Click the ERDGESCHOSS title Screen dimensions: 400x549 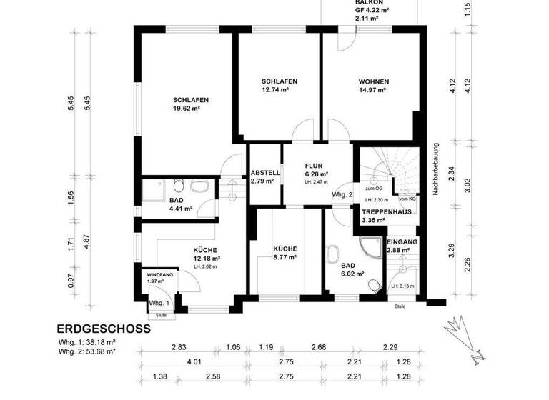coord(103,329)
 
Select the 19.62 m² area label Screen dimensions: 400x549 coord(185,110)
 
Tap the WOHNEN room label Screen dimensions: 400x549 coord(373,82)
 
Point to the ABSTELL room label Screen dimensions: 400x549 coord(265,173)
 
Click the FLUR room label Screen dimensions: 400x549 coord(315,166)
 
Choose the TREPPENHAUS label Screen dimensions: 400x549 coord(386,213)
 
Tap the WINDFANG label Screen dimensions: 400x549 coord(160,274)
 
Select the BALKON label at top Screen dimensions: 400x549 coord(370,3)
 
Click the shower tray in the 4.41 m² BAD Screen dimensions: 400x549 coord(153,190)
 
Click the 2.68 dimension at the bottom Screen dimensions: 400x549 coord(318,347)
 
